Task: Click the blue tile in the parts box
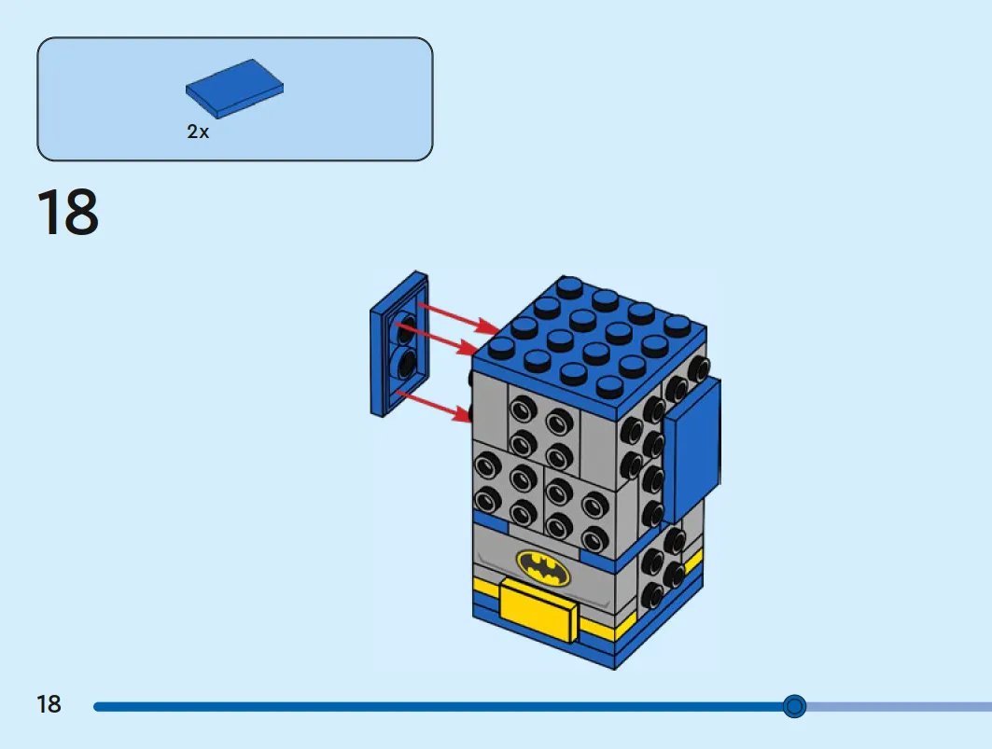(x=235, y=89)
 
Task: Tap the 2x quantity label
(x=198, y=132)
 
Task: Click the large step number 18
(x=68, y=212)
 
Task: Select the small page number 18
(x=49, y=704)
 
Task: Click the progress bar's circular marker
(x=794, y=705)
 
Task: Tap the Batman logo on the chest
(x=543, y=567)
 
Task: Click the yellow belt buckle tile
(x=538, y=610)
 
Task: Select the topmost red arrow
(x=459, y=317)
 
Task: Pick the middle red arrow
(x=437, y=338)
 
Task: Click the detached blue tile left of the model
(x=399, y=344)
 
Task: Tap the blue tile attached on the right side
(x=692, y=451)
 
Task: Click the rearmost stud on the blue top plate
(x=570, y=286)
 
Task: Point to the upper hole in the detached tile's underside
(x=406, y=327)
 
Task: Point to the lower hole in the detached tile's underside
(x=406, y=364)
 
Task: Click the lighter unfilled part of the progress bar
(x=899, y=706)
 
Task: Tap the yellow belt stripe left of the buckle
(x=486, y=590)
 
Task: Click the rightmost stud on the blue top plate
(x=677, y=326)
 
